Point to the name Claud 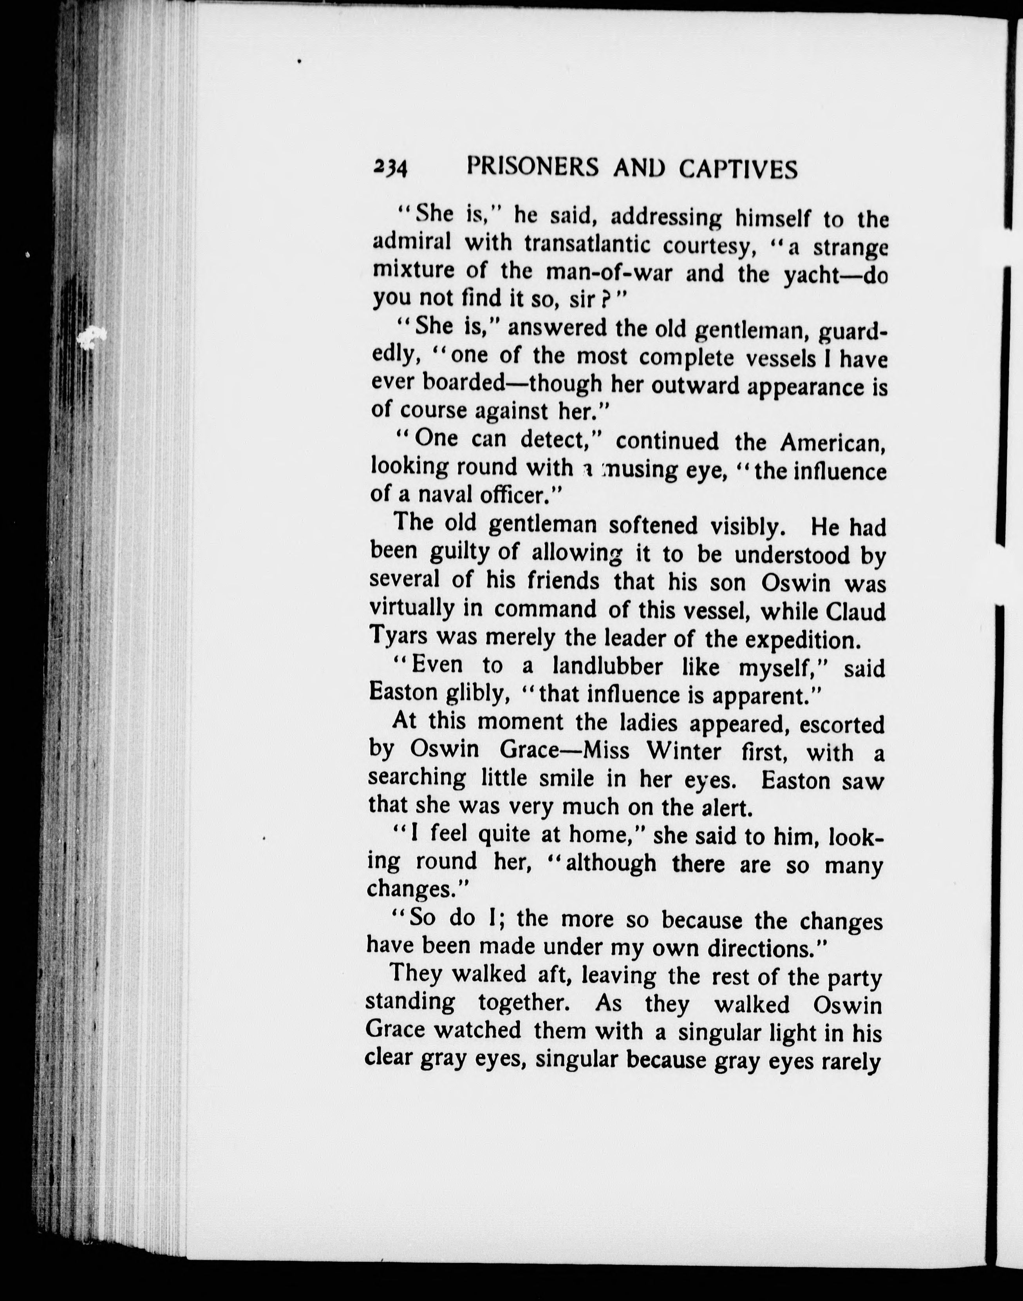(x=856, y=612)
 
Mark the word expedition (x=802, y=640)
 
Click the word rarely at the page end (x=851, y=1061)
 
